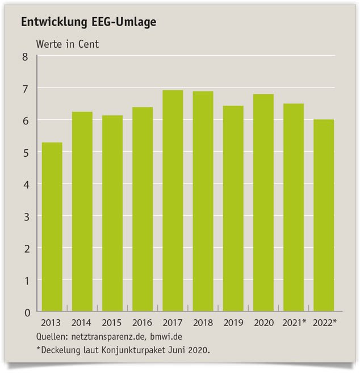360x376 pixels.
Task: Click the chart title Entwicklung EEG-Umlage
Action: point(89,23)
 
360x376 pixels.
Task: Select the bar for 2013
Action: point(52,227)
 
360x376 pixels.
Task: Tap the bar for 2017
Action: point(173,202)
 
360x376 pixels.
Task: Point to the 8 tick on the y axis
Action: point(25,56)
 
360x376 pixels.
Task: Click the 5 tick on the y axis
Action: point(25,152)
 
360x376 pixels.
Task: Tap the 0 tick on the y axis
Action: point(25,312)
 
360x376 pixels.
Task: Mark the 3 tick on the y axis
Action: point(25,216)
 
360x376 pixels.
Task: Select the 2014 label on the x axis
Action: point(82,323)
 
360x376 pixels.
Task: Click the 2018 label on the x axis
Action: point(203,323)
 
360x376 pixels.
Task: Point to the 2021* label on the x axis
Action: point(295,323)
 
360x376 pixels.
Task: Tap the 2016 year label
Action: point(143,323)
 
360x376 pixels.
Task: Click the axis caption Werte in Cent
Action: point(68,44)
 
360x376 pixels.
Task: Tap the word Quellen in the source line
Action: point(52,336)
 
